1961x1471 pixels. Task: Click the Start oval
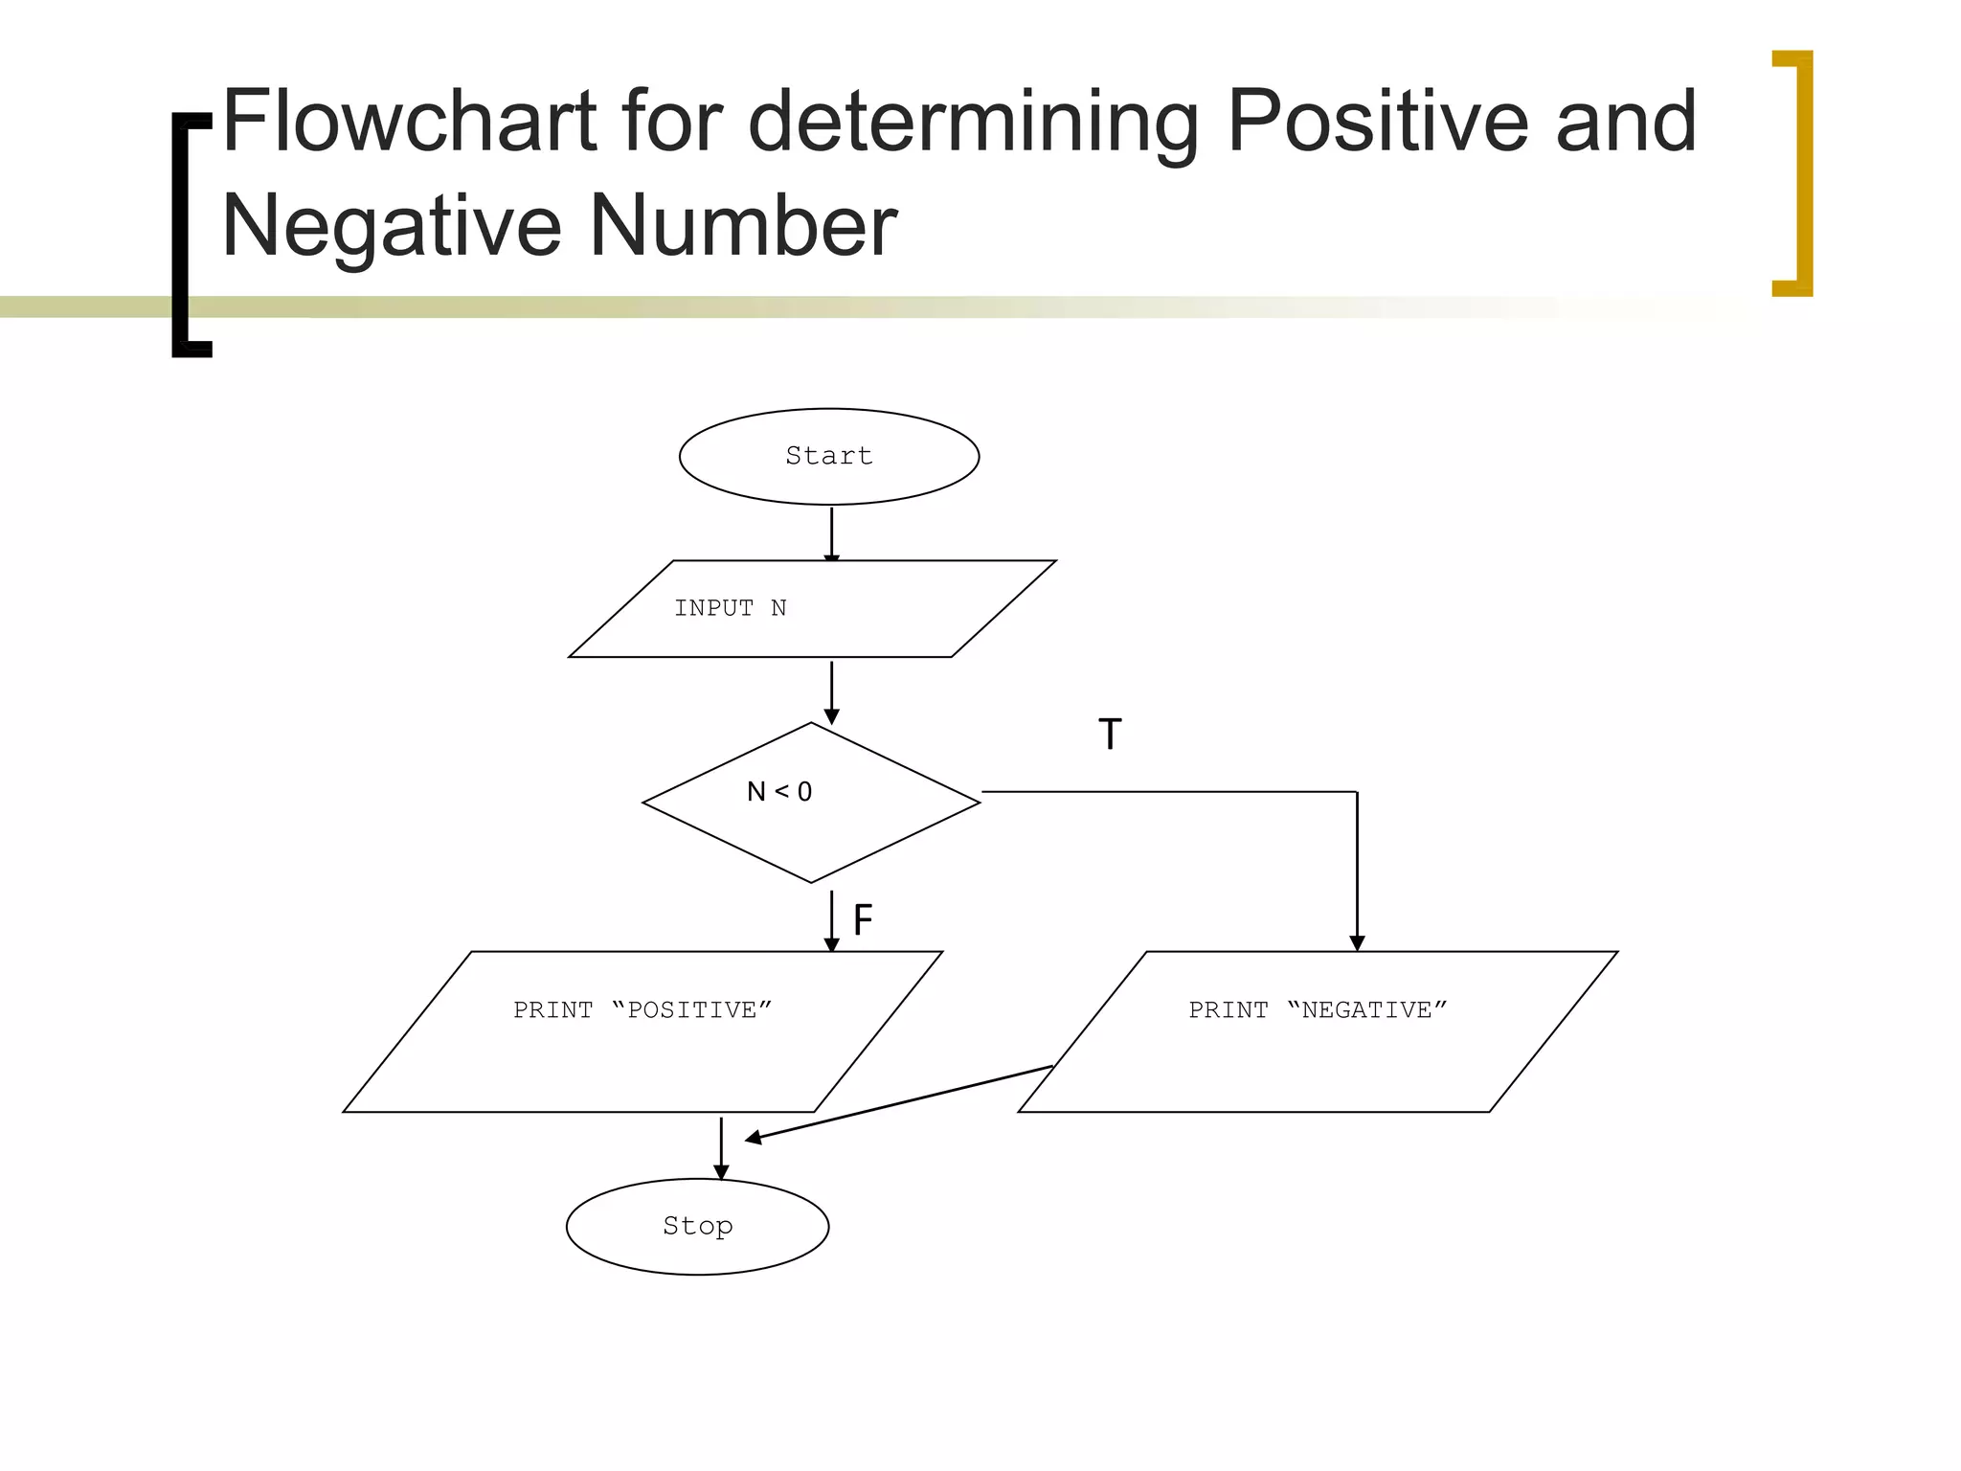(829, 457)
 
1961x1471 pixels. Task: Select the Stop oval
(697, 1226)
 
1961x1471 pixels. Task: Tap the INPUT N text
(730, 608)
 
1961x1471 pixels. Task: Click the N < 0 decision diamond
(811, 802)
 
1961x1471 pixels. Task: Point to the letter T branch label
(1110, 735)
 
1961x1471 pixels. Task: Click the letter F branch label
(863, 920)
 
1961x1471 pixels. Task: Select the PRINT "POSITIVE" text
(642, 1010)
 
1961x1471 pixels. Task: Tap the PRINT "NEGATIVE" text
(1318, 1010)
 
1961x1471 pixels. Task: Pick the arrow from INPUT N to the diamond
(831, 691)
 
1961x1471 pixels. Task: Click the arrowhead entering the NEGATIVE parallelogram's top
(1357, 942)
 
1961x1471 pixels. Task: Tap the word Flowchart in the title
(410, 122)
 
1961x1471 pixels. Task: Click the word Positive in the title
(1377, 122)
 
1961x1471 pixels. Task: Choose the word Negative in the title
(392, 226)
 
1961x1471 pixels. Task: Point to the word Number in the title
(743, 226)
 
